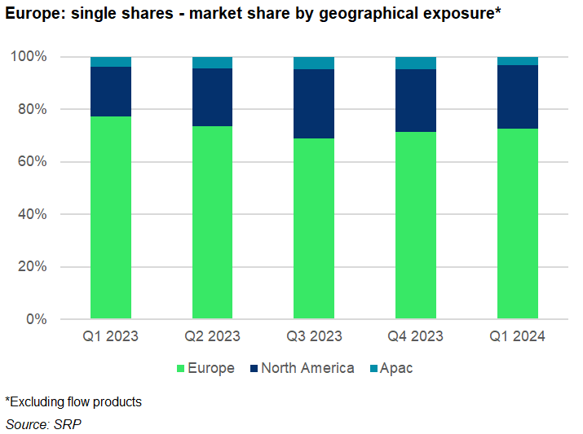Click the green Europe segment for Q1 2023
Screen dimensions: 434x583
[x=111, y=217]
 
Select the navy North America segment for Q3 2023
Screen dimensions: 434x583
[x=314, y=104]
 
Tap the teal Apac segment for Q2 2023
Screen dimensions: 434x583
[x=212, y=63]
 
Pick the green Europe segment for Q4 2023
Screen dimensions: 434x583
[x=416, y=225]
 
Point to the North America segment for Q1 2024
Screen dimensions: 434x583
[x=517, y=97]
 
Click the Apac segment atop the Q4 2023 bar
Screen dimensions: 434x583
[x=416, y=64]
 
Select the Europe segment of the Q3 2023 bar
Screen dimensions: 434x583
[x=314, y=228]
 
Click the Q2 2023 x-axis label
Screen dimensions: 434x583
[x=212, y=336]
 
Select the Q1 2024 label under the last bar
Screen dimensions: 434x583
[x=517, y=336]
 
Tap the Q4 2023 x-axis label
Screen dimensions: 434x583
[x=416, y=336]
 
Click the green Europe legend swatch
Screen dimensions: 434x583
[x=179, y=369]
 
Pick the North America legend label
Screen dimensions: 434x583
[x=307, y=368]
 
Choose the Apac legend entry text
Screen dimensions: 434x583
[x=396, y=368]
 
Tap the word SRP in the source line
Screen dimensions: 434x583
[x=68, y=424]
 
